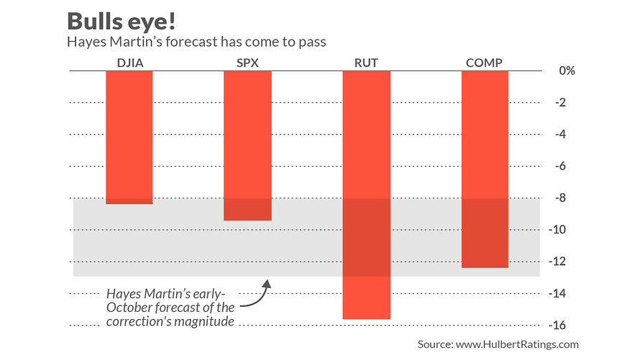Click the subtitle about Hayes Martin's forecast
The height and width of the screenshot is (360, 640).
[x=196, y=42]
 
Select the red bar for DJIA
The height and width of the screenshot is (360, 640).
[x=129, y=137]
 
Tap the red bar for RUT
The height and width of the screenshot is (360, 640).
[x=366, y=195]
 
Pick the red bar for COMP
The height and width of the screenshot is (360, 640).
[x=485, y=169]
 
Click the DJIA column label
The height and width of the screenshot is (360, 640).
[x=129, y=63]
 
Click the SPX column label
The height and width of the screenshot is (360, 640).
[x=247, y=63]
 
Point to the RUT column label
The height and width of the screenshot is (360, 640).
[x=366, y=63]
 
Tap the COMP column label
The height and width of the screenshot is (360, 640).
[x=484, y=63]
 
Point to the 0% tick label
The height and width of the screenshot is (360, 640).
[x=567, y=71]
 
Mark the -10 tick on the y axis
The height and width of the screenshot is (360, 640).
[x=565, y=230]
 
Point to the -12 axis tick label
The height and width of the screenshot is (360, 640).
[x=565, y=262]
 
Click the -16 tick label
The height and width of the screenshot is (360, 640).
[x=565, y=326]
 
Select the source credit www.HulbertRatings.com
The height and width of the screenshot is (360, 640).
[x=498, y=345]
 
